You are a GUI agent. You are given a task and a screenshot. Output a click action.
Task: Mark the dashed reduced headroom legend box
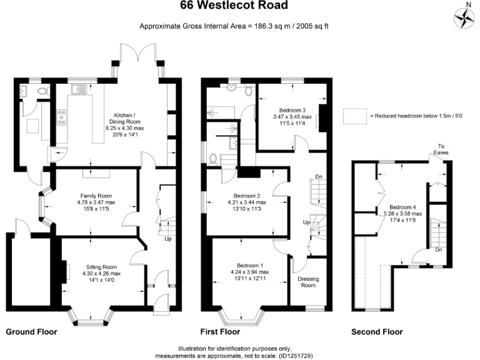click(x=354, y=116)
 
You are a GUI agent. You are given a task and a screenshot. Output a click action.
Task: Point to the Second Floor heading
click(x=377, y=332)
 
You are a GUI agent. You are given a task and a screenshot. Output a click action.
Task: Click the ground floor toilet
click(x=42, y=91)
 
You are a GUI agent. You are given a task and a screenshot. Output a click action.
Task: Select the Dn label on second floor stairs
click(x=439, y=250)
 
